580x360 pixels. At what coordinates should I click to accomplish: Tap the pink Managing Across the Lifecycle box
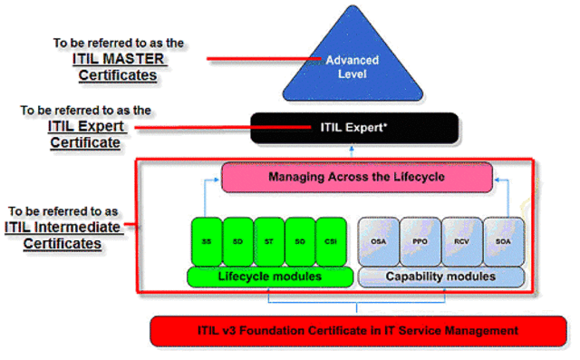[356, 177]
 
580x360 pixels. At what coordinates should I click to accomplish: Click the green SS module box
[206, 241]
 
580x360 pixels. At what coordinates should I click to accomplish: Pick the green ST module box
[269, 241]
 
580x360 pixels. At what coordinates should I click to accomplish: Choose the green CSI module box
[333, 241]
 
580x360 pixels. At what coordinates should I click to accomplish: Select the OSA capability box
[378, 241]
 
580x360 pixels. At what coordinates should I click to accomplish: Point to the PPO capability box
[420, 241]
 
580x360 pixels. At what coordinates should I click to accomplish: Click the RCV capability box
[461, 241]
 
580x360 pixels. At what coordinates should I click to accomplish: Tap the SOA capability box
[503, 241]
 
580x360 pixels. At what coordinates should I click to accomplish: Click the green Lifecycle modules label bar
[269, 276]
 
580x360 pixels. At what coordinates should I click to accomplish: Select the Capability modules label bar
[441, 276]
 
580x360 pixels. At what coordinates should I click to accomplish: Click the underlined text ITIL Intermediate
[61, 228]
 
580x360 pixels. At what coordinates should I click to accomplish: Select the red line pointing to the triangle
[263, 60]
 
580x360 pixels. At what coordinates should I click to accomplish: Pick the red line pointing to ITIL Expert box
[186, 128]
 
